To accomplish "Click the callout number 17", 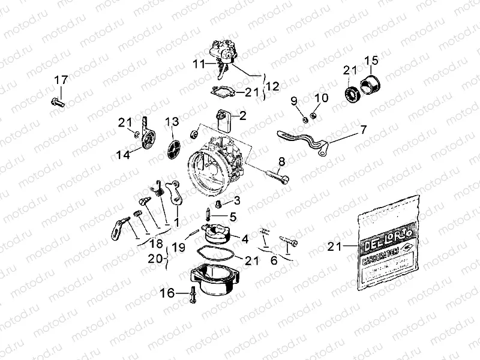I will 62,80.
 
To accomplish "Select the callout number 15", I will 372,60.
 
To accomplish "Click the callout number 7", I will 363,130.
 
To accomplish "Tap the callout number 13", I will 172,122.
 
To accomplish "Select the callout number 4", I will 244,238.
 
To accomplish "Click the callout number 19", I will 178,246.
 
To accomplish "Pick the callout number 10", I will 322,98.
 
